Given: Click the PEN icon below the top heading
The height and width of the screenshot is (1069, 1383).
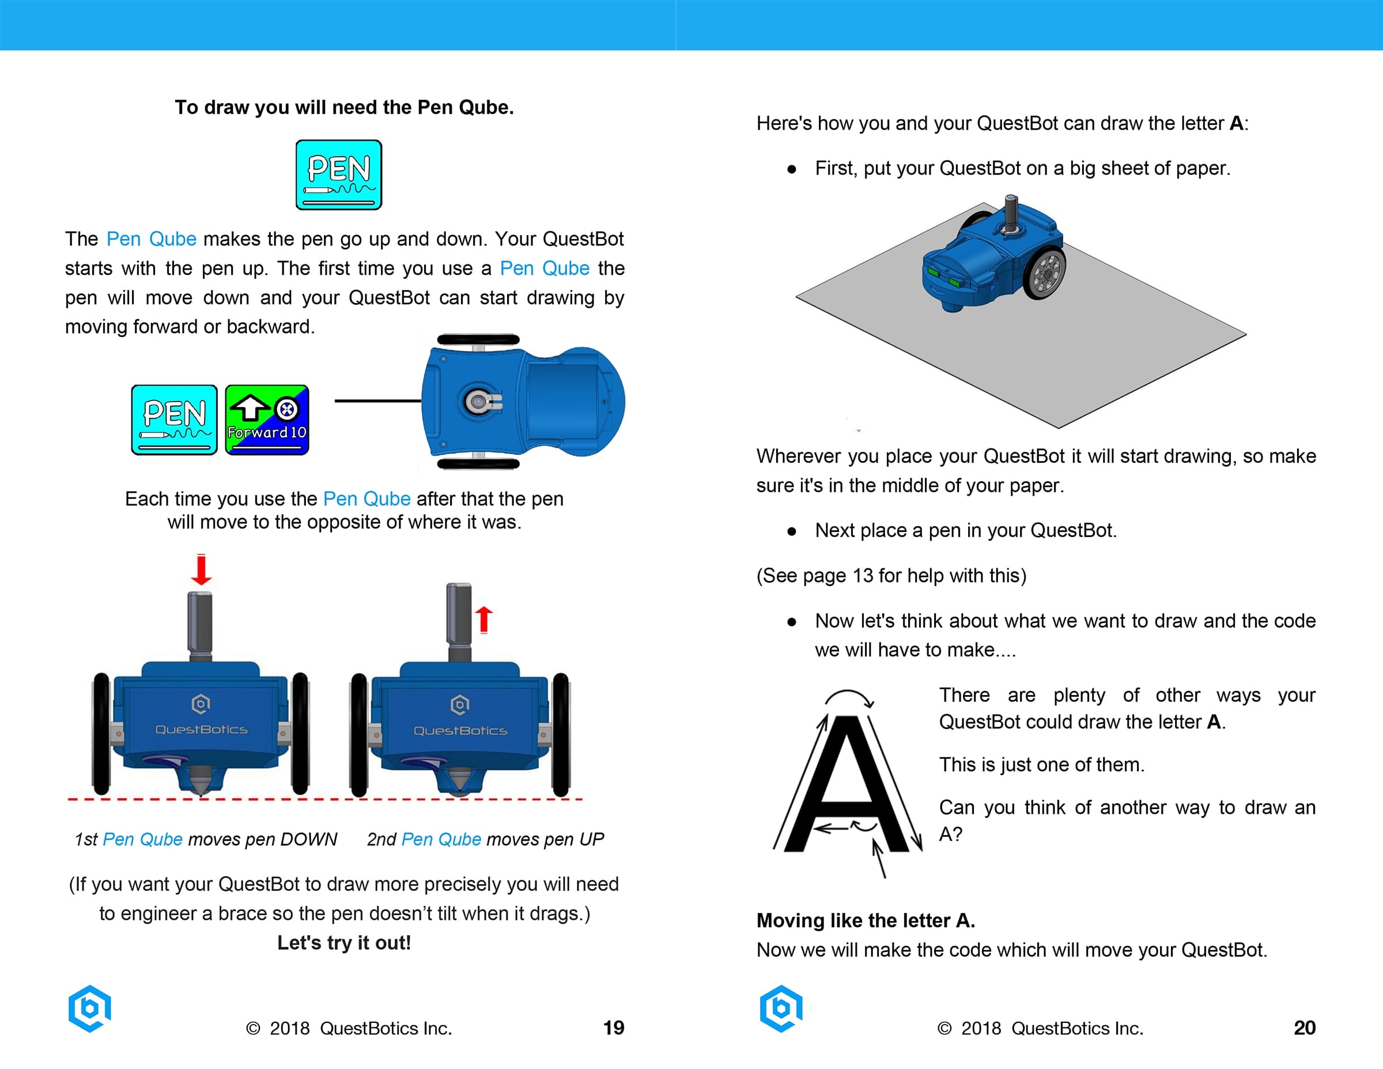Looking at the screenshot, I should pos(338,174).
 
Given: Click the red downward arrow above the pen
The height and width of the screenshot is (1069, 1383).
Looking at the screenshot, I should pos(201,569).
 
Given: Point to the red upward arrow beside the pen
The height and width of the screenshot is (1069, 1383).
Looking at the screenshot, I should pos(484,619).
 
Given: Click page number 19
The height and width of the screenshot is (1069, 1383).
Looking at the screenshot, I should pos(613,1027).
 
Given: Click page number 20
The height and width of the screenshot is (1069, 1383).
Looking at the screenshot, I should pos(1304,1027).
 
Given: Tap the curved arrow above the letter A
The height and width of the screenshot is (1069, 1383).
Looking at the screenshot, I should pos(849,697).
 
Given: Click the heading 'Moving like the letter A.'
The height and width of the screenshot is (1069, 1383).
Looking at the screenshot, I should pos(865,920).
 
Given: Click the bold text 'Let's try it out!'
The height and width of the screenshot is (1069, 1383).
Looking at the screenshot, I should pos(344,942).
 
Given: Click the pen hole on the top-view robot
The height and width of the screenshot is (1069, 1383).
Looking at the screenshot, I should pos(476,401).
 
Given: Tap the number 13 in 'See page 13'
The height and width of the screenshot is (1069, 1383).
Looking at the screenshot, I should pos(863,575).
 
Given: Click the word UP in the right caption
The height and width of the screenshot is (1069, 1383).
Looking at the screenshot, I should pos(591,839).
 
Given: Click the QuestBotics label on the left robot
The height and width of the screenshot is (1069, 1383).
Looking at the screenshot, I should pos(201,730).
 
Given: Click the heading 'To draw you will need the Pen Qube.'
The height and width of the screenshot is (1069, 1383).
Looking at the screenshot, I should pos(344,107).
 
